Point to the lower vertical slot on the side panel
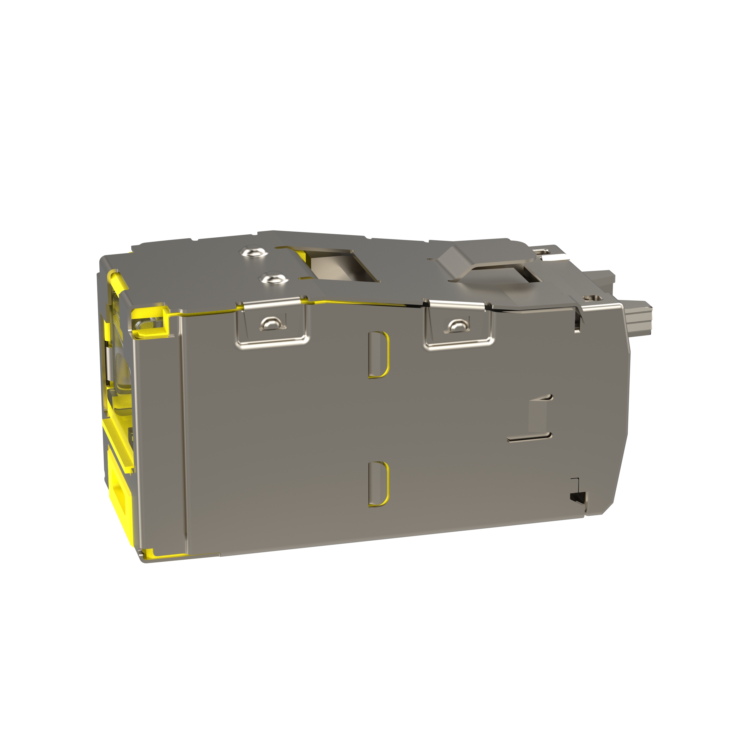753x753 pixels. [x=378, y=483]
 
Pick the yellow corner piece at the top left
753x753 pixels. [x=150, y=321]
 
